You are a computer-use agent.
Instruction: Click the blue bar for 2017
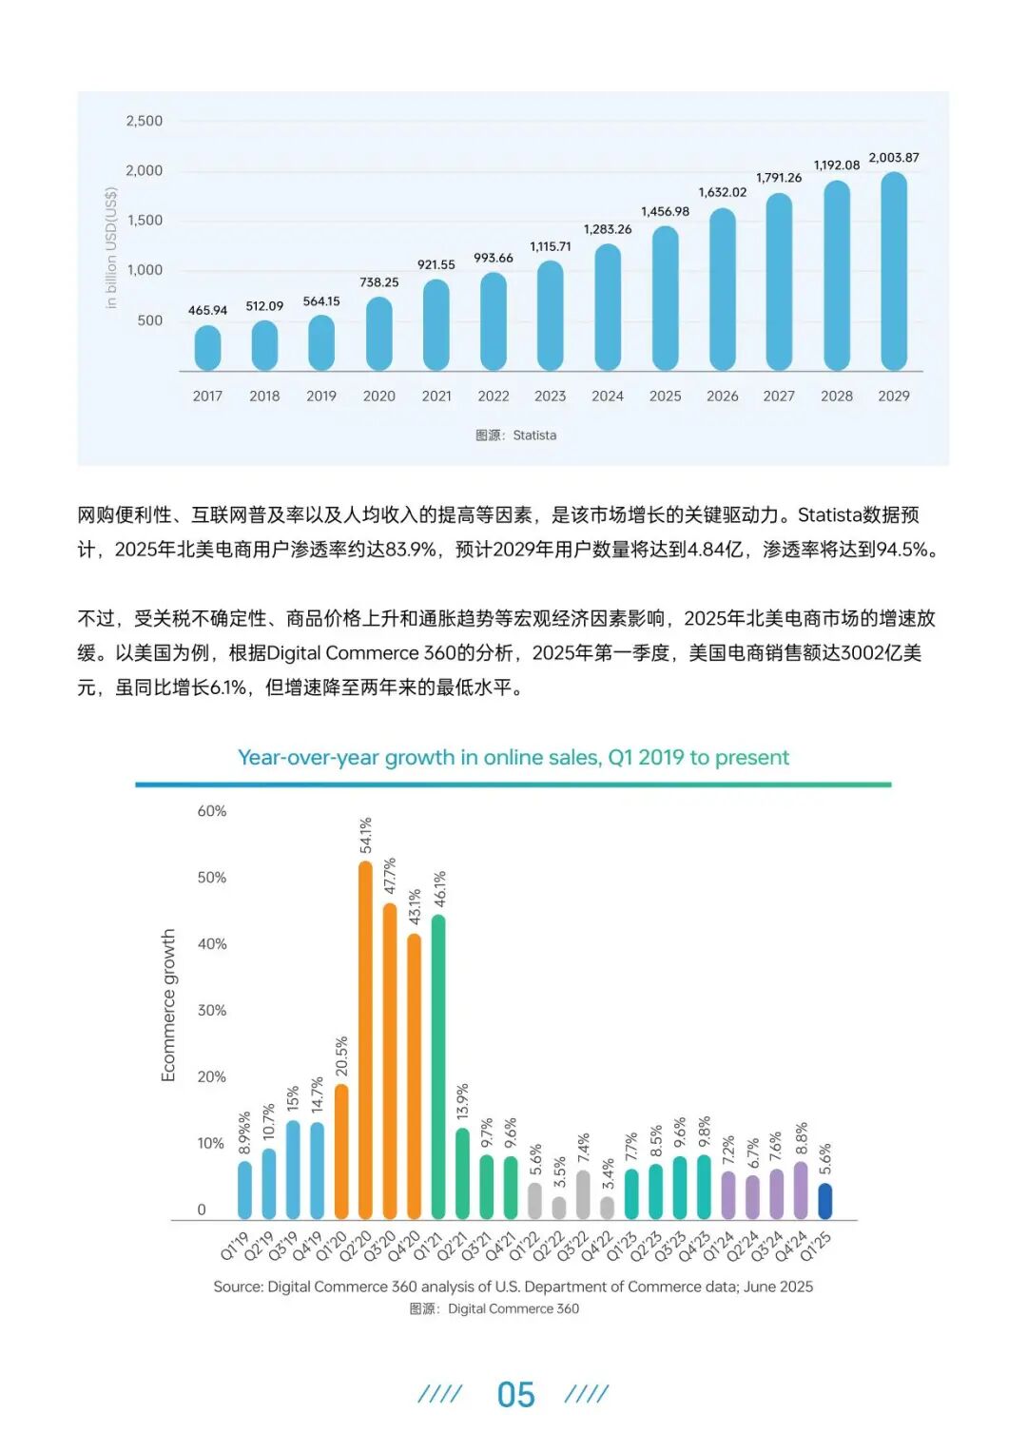(207, 348)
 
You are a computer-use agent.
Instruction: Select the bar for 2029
(894, 271)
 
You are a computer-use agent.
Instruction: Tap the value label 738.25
(378, 282)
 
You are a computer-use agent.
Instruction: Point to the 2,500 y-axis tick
(145, 121)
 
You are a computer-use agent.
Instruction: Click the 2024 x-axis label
(608, 396)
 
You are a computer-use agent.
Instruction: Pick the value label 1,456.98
(665, 211)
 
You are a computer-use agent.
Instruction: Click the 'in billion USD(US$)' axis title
(111, 247)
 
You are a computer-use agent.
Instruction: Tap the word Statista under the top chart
(534, 436)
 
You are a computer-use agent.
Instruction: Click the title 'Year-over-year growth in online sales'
(513, 757)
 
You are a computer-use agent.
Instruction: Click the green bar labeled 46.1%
(438, 1066)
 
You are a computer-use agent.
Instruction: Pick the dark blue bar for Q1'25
(825, 1201)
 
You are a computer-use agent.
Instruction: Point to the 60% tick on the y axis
(212, 811)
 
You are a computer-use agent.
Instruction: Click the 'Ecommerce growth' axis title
(168, 1005)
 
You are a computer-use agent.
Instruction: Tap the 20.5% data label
(341, 1056)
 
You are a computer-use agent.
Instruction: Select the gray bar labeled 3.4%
(608, 1208)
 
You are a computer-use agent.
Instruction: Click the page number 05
(515, 1395)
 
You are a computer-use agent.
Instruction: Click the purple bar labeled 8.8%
(801, 1191)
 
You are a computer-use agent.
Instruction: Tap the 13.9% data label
(463, 1101)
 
